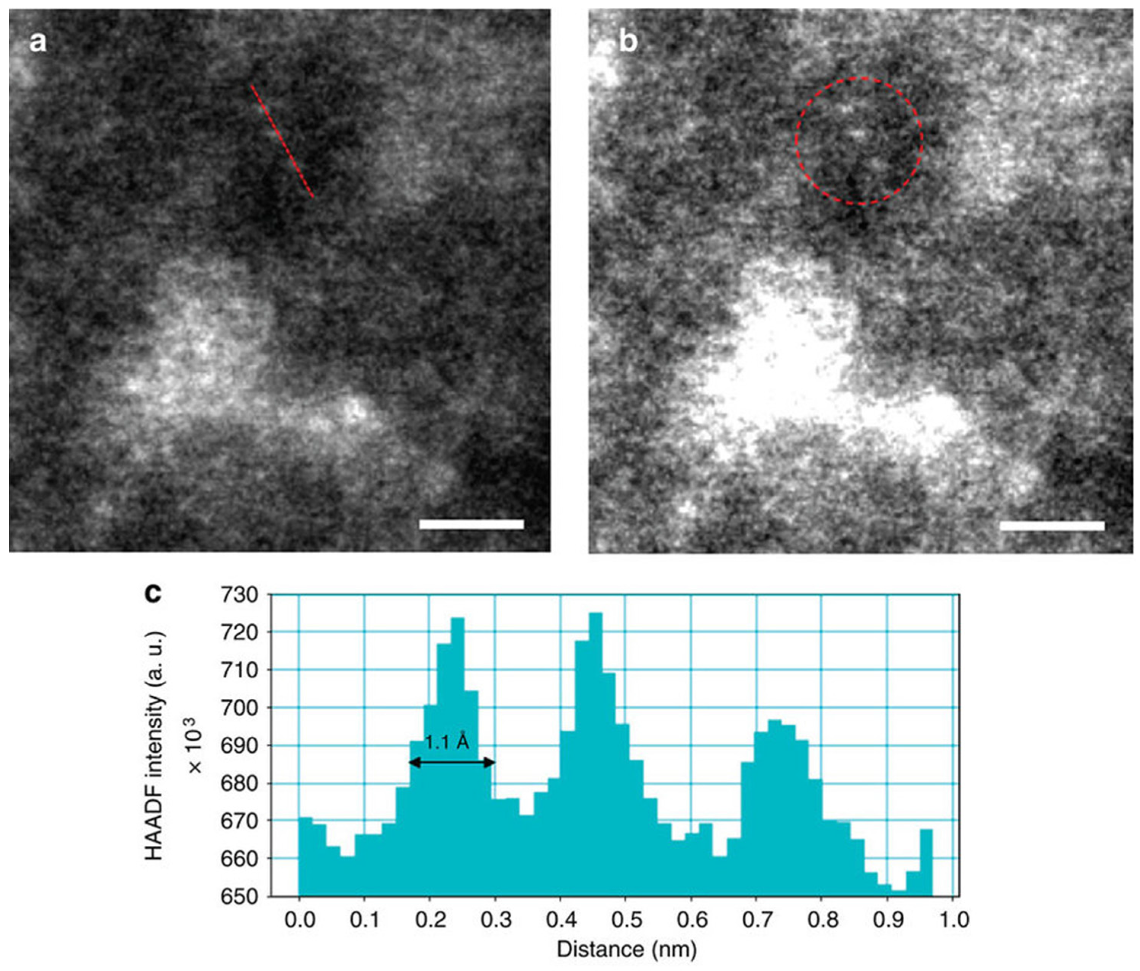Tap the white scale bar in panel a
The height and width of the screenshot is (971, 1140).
tap(471, 524)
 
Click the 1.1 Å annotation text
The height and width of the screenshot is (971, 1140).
tap(447, 743)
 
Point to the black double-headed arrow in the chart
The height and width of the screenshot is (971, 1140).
tap(452, 762)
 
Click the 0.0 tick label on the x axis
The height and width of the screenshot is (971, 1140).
tap(299, 920)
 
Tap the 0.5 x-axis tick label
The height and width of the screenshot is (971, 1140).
tap(625, 920)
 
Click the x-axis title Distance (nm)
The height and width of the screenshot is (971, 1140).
tap(626, 950)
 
